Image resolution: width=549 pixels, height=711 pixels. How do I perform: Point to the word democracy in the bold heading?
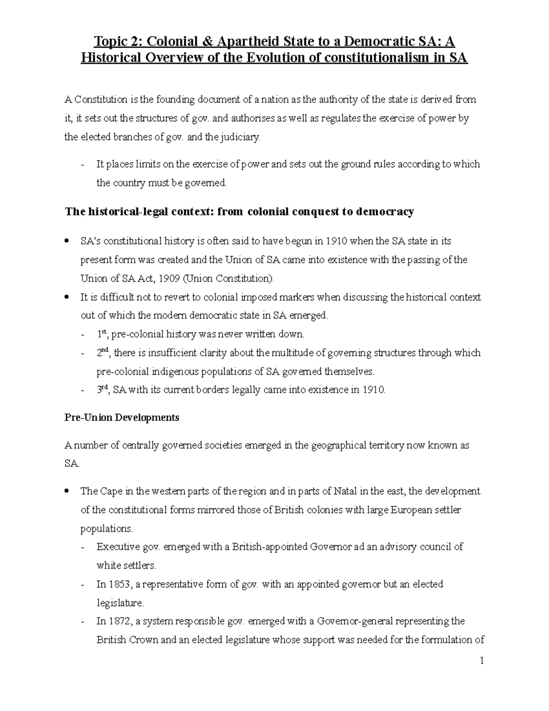tap(385, 211)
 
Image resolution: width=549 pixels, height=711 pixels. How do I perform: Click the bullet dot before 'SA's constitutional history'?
tap(67, 240)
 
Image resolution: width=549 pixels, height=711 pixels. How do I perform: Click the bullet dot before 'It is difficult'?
tap(67, 297)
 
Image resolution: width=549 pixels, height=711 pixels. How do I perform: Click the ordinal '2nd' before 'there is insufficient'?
tap(103, 353)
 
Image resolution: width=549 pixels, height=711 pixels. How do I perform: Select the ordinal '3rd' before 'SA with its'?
tap(102, 390)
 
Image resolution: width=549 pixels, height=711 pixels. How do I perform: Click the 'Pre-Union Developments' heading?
tap(122, 418)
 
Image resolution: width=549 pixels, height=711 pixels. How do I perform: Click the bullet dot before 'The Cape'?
tap(67, 491)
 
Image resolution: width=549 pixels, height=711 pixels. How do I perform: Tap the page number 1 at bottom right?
tap(481, 661)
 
